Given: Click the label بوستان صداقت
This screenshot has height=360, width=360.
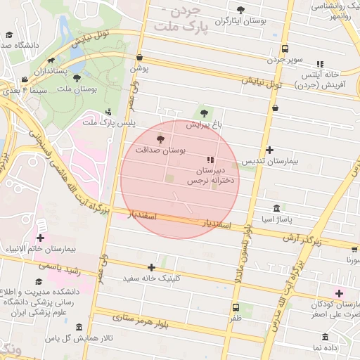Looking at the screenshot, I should pos(162,150).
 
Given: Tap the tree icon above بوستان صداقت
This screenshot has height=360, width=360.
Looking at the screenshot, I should pos(160,139).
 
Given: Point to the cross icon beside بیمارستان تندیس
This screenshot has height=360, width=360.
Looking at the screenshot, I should pos(270,150).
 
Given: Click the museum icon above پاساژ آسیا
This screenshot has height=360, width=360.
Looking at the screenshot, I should pos(277,209).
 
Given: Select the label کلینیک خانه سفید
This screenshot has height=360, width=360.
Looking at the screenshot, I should pos(152,278).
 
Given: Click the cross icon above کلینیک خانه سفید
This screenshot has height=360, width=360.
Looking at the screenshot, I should pos(152,267).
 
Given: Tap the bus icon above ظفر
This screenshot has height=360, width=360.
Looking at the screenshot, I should pos(235,308).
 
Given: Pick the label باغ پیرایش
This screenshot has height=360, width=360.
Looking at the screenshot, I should pos(204,124).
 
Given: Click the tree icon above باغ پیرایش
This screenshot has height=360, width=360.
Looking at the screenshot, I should pos(205,112).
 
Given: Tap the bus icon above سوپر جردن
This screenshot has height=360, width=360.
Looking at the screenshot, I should pos(285,49).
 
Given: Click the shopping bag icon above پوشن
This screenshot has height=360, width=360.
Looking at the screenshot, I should pos(140,58).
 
